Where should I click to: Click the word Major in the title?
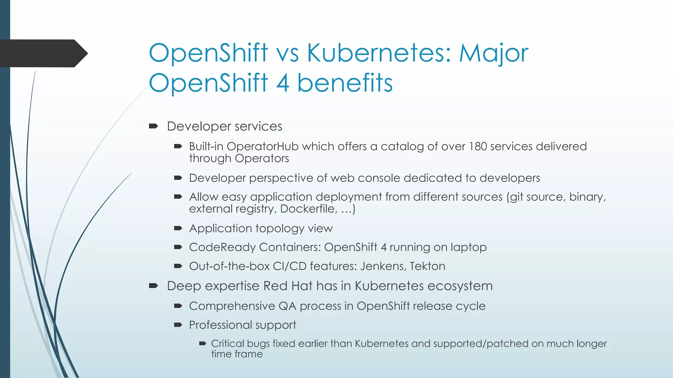click(x=494, y=53)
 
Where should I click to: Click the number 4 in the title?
click(x=283, y=83)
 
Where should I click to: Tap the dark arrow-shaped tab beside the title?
click(x=43, y=53)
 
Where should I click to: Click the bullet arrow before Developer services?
click(x=153, y=126)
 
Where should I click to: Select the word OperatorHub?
click(x=262, y=146)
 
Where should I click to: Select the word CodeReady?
click(x=222, y=247)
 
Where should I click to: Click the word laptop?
click(x=468, y=247)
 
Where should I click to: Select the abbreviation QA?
click(x=287, y=306)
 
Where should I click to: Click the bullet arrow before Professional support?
click(x=178, y=325)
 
